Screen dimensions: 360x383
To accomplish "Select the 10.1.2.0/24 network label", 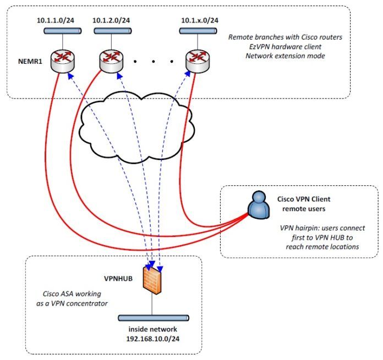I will click(x=111, y=20).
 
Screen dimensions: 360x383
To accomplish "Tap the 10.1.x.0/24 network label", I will click(x=200, y=20).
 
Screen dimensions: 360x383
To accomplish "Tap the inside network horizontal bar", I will click(x=154, y=318).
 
